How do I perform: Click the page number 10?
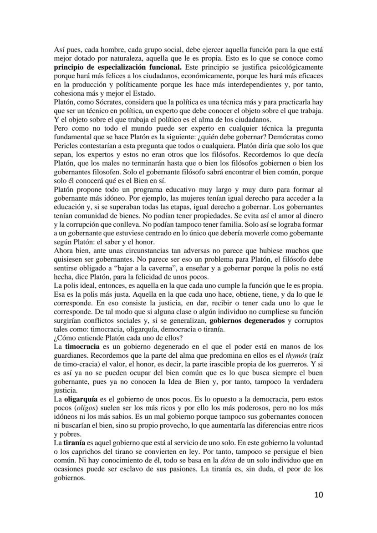pos(318,495)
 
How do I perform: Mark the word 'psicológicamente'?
pos(297,67)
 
